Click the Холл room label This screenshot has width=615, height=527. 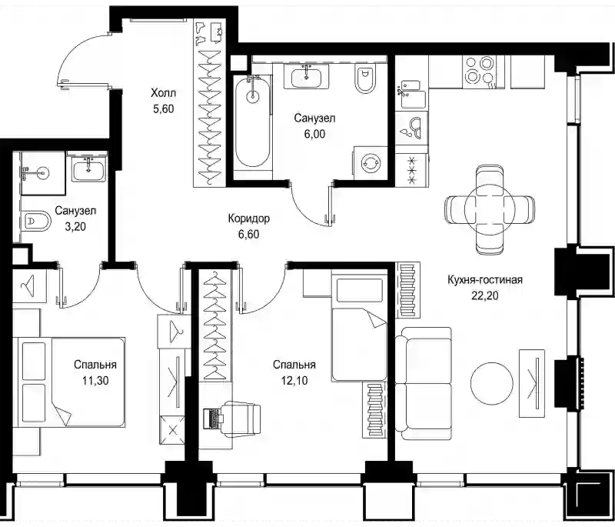point(163,93)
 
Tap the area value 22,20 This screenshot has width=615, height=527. point(485,295)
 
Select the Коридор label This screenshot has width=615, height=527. point(248,218)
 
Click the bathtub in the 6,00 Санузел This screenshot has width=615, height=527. point(253,122)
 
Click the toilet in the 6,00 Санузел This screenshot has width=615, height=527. point(364,78)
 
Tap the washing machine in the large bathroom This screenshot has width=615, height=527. point(371,162)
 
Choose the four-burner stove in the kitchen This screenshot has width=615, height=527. point(479,71)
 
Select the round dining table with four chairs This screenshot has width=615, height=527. point(489,209)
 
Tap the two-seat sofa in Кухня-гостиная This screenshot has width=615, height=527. point(423,383)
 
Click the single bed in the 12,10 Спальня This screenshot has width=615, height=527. point(359,325)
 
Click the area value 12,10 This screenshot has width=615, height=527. point(294,381)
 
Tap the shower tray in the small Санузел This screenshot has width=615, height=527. point(43,173)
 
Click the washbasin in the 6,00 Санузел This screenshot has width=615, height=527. point(306,76)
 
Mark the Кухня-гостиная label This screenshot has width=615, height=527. point(485,280)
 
